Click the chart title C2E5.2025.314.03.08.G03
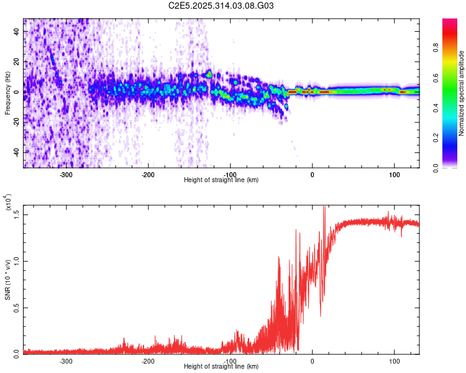(221, 6)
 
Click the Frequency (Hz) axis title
(7, 93)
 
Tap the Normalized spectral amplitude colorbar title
(462, 93)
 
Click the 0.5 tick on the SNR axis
(16, 306)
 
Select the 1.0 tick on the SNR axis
(16, 260)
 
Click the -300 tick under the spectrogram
(66, 175)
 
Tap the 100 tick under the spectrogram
(394, 175)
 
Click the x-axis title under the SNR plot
(221, 367)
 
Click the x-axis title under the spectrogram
(221, 180)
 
